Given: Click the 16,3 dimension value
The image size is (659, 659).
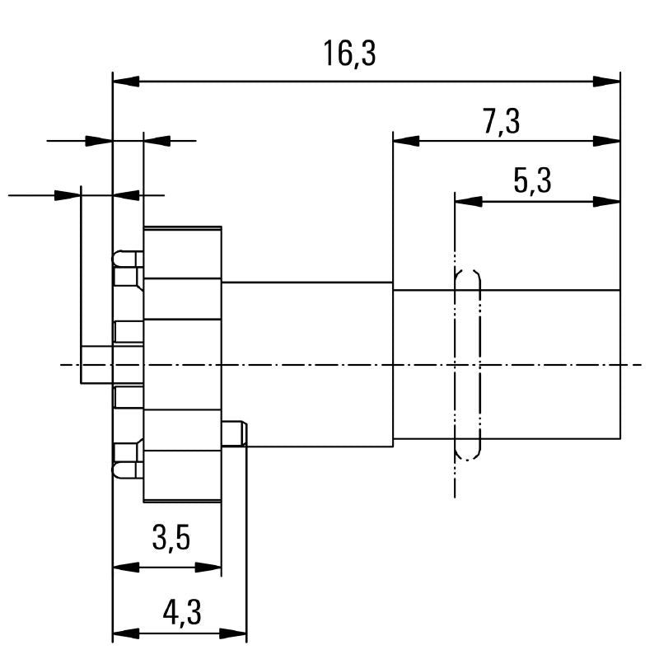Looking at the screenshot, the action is click(349, 54).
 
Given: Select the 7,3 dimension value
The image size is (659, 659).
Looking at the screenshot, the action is click(502, 122).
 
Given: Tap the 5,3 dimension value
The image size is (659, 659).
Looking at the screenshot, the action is click(532, 181).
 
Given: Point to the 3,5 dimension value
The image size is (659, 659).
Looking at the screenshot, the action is click(171, 538).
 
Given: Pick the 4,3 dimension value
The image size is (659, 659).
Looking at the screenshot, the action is click(182, 612).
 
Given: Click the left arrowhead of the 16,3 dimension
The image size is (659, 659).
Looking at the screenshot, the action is click(126, 82).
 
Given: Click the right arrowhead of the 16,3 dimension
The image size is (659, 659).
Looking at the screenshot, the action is click(606, 82).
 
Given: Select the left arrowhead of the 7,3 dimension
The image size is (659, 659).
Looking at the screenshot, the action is click(406, 141).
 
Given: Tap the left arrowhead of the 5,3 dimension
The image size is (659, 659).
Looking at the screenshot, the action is click(468, 201).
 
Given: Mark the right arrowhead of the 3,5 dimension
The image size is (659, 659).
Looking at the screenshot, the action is click(208, 568).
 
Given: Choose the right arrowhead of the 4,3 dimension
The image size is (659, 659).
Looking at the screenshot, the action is click(233, 633).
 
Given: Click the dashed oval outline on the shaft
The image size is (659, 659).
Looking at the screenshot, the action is click(479, 365).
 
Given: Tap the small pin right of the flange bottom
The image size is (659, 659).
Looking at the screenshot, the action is click(234, 433).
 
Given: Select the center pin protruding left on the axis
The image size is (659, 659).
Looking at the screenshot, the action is click(96, 364).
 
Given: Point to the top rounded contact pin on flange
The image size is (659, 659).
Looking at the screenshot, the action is click(128, 259).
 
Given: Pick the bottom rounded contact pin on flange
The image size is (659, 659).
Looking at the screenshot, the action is click(128, 470).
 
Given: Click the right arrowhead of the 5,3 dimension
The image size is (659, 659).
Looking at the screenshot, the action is click(606, 201).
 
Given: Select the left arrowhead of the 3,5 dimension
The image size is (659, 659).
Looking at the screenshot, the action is click(126, 568).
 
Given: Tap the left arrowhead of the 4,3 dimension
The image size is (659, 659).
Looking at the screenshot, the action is click(126, 633).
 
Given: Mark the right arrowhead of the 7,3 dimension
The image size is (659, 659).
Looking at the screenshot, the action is click(606, 141).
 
